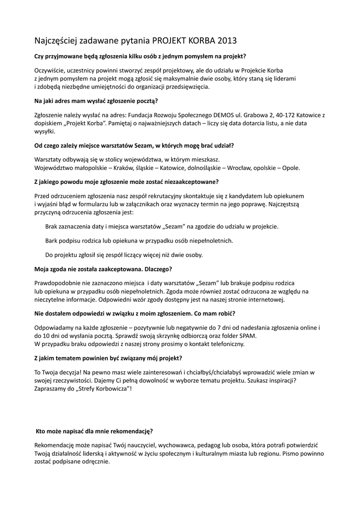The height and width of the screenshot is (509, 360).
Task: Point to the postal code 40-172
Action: (272, 115)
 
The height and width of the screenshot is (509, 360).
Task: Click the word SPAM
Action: (233, 336)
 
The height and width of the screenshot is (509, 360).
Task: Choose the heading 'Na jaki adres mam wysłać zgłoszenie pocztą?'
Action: (96, 101)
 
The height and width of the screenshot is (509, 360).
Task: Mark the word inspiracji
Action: (281, 380)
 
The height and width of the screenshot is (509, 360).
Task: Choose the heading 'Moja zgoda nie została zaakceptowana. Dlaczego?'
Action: (103, 269)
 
